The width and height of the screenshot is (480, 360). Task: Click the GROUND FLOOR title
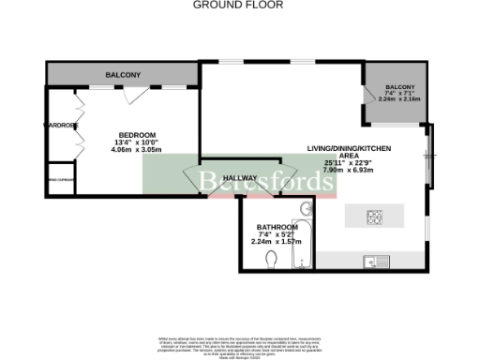(239, 5)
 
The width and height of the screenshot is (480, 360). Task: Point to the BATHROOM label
(277, 228)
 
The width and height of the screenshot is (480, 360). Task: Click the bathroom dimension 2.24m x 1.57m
(277, 242)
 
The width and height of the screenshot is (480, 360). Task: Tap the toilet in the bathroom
(272, 259)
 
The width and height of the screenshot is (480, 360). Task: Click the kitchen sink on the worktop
(370, 261)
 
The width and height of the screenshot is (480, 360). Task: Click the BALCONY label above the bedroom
(122, 75)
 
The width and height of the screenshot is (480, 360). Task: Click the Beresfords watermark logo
(239, 181)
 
